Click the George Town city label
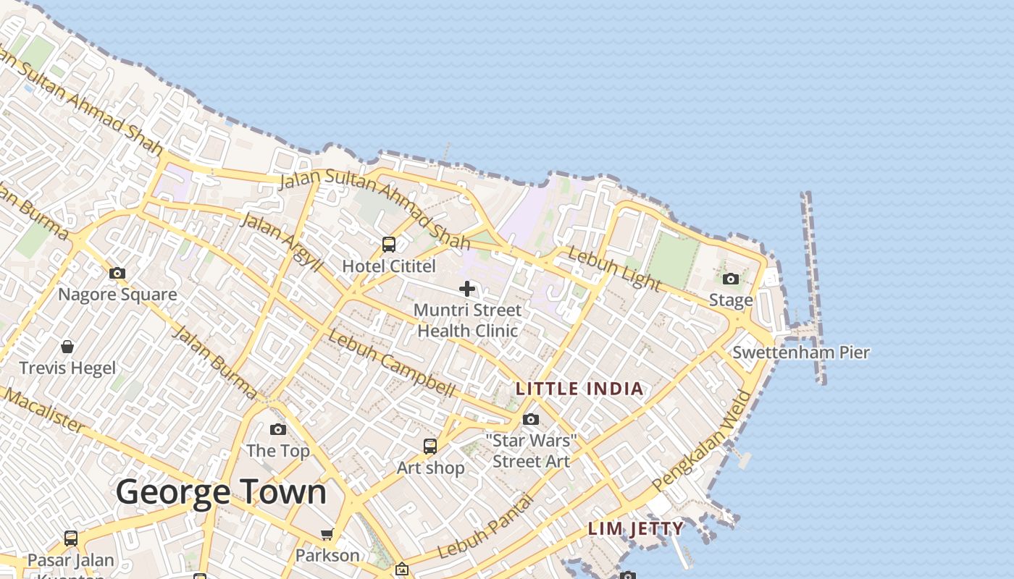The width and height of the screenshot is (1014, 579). [x=221, y=492]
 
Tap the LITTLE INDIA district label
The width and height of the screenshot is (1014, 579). [x=579, y=389]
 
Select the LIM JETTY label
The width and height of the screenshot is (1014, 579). [x=635, y=528]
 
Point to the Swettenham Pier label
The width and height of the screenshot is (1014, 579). [x=801, y=352]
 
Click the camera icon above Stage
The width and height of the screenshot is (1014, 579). [x=731, y=279]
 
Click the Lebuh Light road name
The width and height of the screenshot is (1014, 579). [x=613, y=268]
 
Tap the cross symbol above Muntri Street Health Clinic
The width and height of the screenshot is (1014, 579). [x=467, y=289]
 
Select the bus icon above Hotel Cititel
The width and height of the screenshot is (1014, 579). [x=389, y=245]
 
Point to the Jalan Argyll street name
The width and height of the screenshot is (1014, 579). [x=282, y=242]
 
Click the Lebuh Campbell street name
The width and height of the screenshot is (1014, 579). [x=392, y=363]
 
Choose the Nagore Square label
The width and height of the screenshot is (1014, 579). [x=117, y=295]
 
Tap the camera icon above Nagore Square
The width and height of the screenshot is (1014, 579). [x=117, y=274]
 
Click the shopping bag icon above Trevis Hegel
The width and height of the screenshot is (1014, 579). [x=67, y=347]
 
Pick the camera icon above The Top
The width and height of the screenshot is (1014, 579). [x=278, y=430]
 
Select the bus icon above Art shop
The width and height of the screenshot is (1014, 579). [x=430, y=447]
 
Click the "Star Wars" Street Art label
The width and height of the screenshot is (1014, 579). [x=532, y=451]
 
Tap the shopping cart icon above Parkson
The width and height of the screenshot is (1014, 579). [x=327, y=535]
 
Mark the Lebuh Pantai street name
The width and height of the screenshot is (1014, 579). [x=485, y=526]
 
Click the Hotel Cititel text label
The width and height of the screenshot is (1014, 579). [x=389, y=266]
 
